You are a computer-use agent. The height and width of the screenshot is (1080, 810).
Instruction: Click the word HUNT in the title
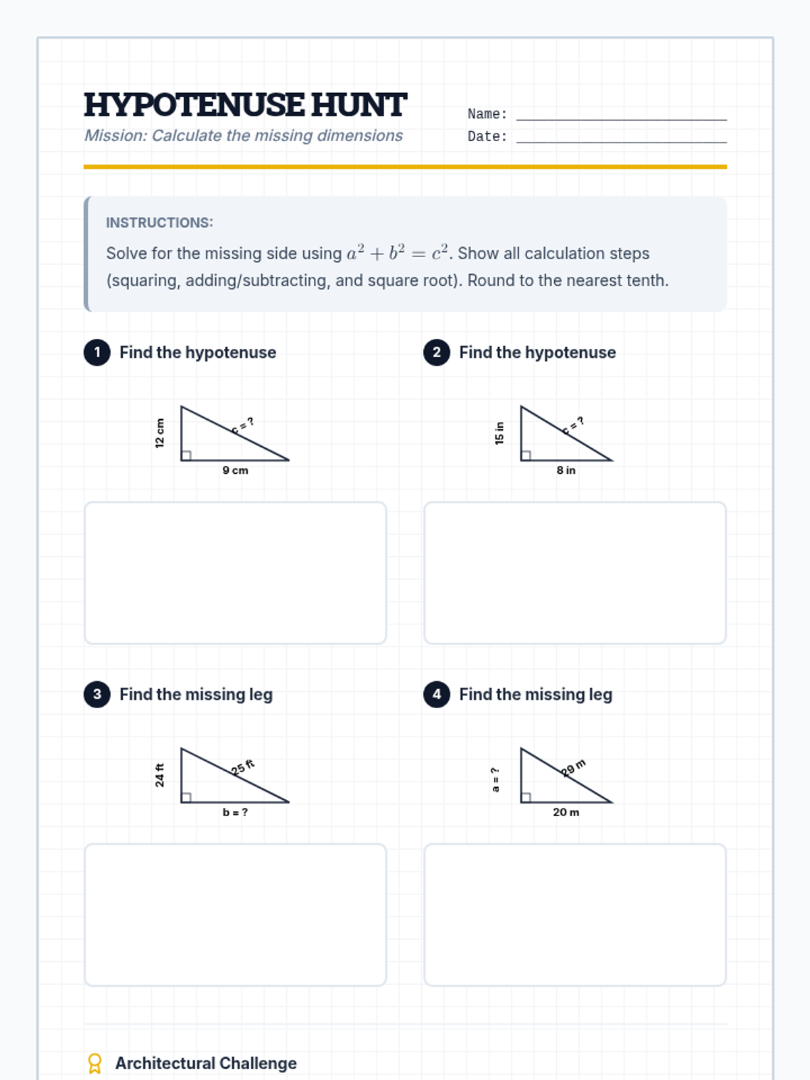(358, 105)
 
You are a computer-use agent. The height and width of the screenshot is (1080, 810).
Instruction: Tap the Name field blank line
(621, 119)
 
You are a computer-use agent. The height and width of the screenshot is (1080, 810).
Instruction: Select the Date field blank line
(621, 142)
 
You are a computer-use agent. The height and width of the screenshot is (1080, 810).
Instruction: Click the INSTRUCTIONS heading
(159, 222)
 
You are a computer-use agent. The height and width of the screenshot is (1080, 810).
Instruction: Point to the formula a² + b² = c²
(398, 252)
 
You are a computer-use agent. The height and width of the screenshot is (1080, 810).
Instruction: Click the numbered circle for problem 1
(97, 352)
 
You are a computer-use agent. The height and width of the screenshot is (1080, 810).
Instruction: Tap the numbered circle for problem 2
(436, 352)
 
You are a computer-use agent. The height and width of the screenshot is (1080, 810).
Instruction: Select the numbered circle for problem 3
(97, 695)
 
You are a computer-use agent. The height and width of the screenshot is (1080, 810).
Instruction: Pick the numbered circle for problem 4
(436, 695)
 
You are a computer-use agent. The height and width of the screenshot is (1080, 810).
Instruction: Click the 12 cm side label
(159, 433)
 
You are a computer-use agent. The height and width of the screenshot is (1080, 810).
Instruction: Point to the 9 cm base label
(235, 470)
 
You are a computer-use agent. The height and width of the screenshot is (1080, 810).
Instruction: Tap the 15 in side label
(500, 433)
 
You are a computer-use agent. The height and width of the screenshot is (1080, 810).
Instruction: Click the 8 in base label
(566, 470)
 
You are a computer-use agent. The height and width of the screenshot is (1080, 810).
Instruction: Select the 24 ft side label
(159, 775)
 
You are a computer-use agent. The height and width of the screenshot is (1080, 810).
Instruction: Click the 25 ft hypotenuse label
(243, 767)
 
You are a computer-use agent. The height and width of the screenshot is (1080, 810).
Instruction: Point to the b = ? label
(235, 812)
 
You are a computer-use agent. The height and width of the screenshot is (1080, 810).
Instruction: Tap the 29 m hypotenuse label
(574, 767)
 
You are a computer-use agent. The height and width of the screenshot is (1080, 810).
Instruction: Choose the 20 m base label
(566, 812)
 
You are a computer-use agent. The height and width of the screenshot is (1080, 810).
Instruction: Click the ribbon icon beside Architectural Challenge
(94, 1063)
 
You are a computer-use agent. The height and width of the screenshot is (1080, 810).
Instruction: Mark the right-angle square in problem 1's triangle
(186, 456)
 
